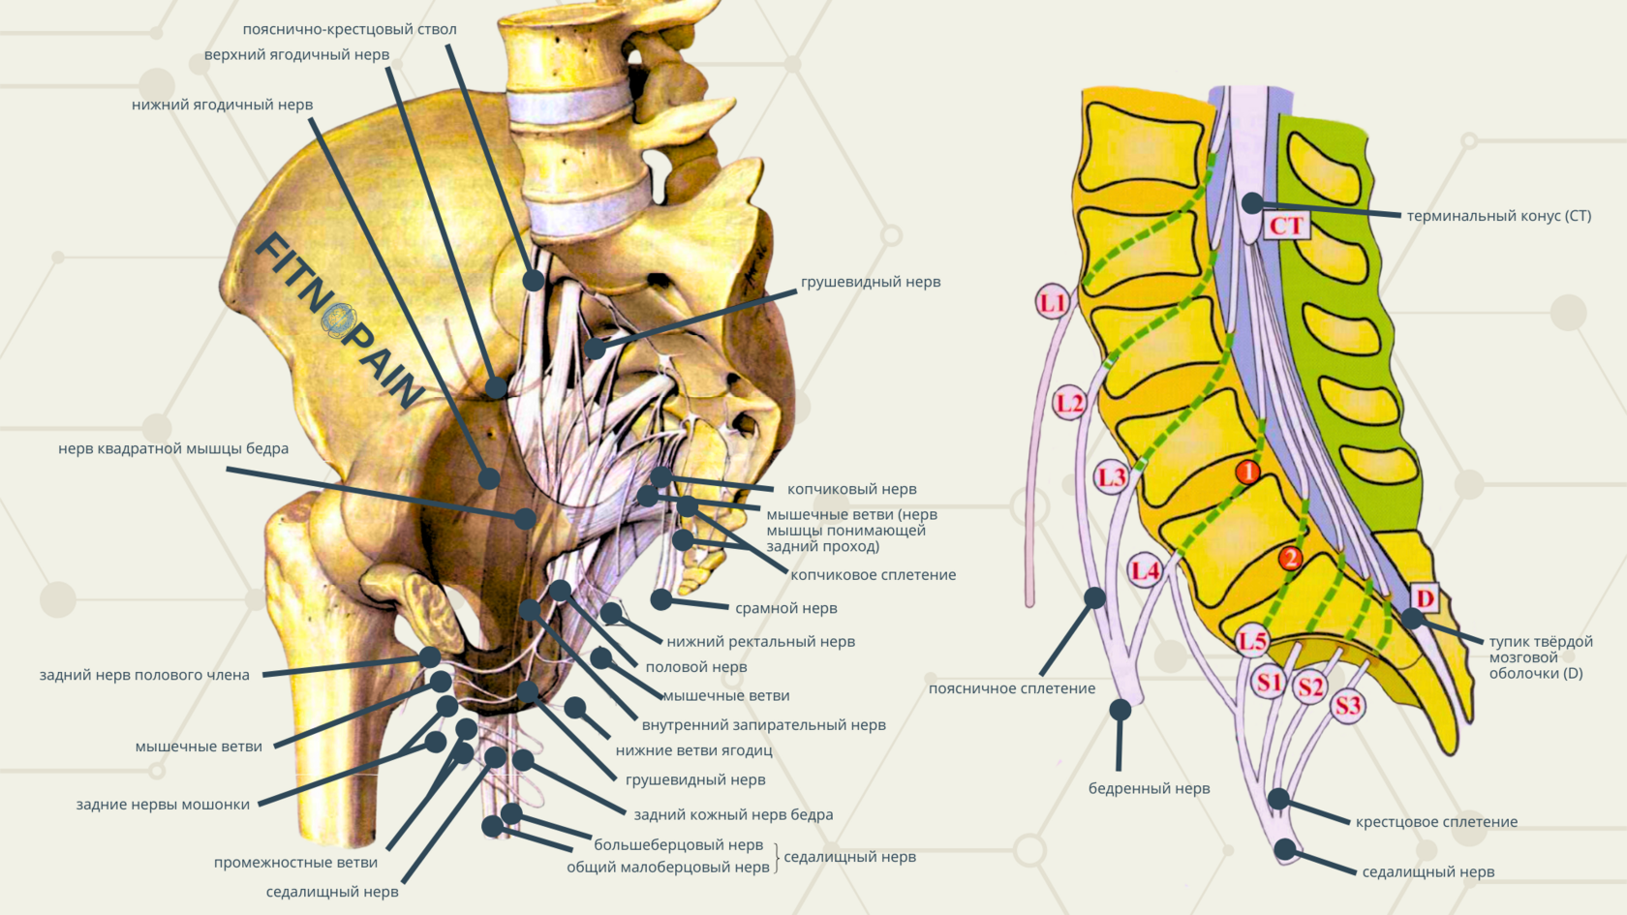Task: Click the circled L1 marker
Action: click(x=1052, y=303)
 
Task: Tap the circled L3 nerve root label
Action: click(x=1112, y=477)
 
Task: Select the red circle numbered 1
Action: click(x=1247, y=472)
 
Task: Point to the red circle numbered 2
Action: click(x=1290, y=558)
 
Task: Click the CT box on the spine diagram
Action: click(x=1286, y=226)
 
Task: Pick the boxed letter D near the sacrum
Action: click(x=1425, y=597)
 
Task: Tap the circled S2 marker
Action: click(x=1310, y=687)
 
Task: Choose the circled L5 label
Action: click(x=1252, y=640)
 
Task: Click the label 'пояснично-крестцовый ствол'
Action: click(x=350, y=29)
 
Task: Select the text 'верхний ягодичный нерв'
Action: click(x=296, y=55)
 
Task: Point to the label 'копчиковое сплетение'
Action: click(x=873, y=575)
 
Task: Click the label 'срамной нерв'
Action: click(x=785, y=608)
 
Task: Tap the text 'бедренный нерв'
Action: click(x=1149, y=788)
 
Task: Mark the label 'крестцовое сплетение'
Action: click(x=1436, y=822)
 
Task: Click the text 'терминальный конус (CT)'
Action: click(x=1498, y=216)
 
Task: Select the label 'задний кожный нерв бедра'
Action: click(x=733, y=815)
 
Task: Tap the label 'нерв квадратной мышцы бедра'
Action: click(x=173, y=448)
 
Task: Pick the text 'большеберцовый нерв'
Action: click(x=678, y=845)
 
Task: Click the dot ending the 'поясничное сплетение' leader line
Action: click(x=1094, y=597)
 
